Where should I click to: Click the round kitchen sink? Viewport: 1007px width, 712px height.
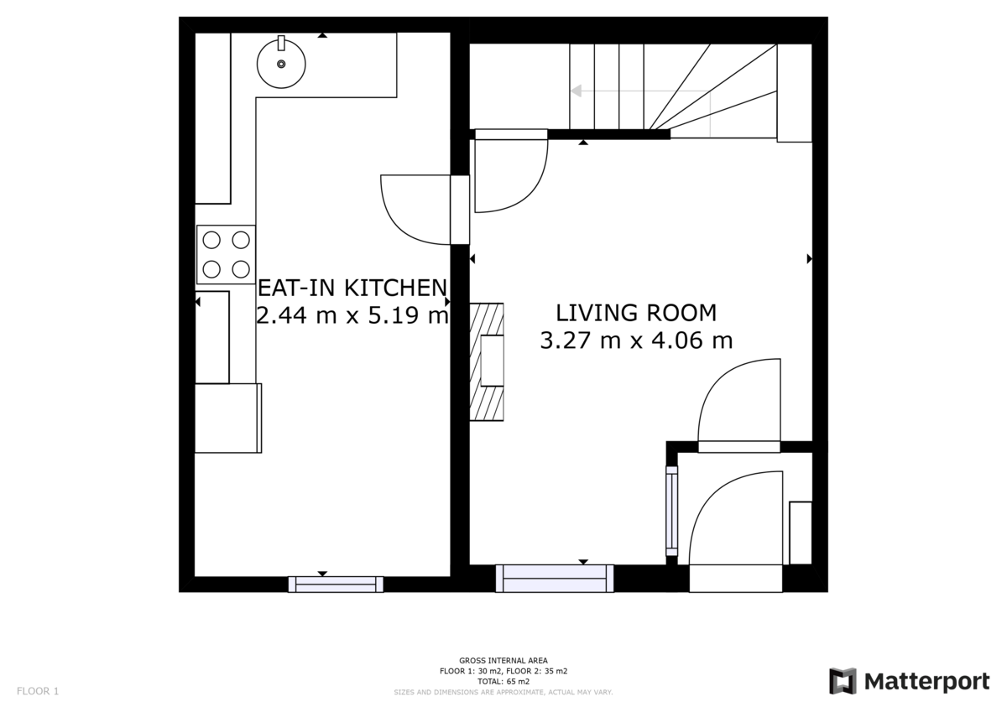[x=281, y=64]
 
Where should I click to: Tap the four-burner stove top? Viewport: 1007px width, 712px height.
[x=226, y=254]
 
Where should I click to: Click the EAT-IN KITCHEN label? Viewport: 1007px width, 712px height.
[x=352, y=288]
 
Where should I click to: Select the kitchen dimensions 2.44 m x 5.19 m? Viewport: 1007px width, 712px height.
[x=352, y=314]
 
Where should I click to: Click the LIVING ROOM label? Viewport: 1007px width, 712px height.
[x=636, y=313]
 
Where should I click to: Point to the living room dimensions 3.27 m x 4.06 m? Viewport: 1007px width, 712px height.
[x=636, y=340]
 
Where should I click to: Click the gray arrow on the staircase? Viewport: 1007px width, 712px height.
[x=640, y=91]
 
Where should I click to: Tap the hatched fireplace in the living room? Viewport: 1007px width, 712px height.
[x=487, y=361]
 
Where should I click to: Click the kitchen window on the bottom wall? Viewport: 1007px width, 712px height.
[x=336, y=584]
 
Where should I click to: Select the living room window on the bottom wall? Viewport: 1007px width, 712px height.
[x=555, y=579]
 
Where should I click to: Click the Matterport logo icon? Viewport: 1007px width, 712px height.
[x=843, y=681]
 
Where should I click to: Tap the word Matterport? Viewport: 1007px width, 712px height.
[x=926, y=682]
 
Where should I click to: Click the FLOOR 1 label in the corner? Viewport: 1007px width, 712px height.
[x=38, y=691]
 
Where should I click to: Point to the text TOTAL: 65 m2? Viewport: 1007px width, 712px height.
[x=503, y=682]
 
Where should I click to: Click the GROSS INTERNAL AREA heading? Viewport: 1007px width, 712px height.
[x=503, y=660]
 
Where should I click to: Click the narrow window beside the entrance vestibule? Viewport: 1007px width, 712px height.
[x=671, y=511]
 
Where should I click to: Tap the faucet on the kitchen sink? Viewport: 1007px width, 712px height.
[x=281, y=43]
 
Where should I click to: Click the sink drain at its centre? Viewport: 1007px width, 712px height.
[x=281, y=65]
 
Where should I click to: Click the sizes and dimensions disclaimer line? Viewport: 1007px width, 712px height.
[x=503, y=692]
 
